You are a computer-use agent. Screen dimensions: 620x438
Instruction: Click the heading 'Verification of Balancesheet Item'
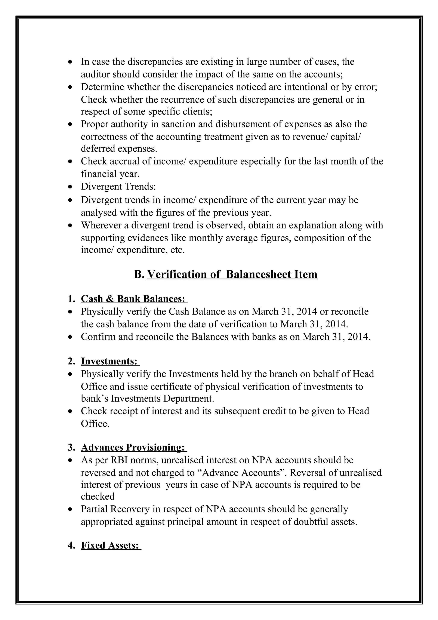coord(232,274)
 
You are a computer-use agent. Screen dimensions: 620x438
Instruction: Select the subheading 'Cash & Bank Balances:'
coord(133,299)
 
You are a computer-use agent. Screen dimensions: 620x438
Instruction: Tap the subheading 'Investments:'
coord(109,361)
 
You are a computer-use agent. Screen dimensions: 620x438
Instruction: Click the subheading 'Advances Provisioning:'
coord(133,447)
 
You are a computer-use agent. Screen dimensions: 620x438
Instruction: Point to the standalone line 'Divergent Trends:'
coord(118,187)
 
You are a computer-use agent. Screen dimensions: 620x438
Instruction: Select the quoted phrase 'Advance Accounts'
coord(240,473)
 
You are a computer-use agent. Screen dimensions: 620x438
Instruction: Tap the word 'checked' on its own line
coord(98,496)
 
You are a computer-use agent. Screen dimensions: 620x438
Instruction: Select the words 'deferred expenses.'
coord(119,148)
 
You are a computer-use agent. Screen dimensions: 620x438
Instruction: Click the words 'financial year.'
coord(110,174)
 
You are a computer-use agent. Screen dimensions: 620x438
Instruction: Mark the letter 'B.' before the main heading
coord(139,274)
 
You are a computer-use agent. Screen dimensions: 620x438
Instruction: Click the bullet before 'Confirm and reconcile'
coord(70,337)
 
